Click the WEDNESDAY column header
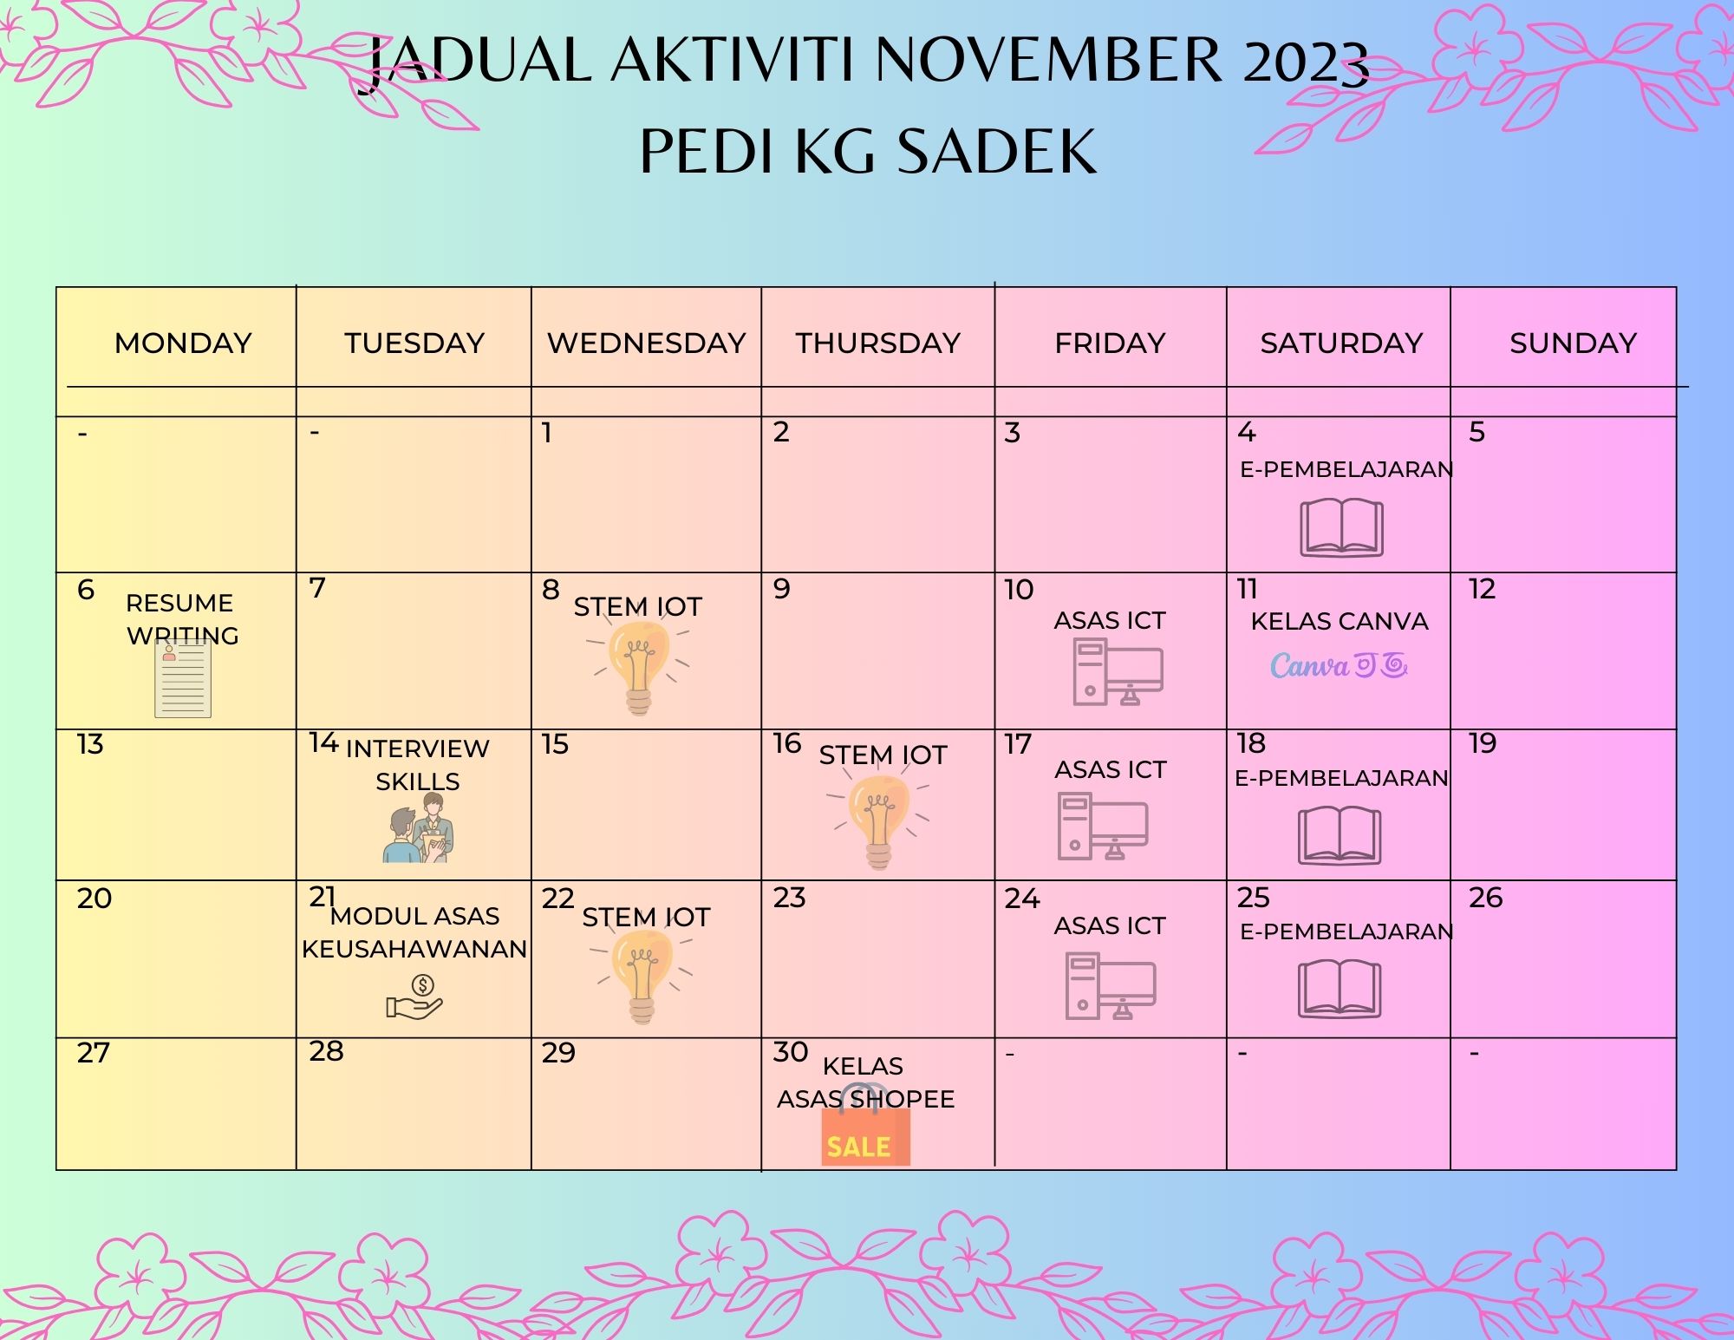click(x=646, y=343)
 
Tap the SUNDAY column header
click(x=1573, y=343)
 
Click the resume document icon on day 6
click(x=183, y=680)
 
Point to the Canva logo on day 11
click(x=1339, y=666)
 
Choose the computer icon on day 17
click(x=1103, y=827)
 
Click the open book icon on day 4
click(x=1341, y=528)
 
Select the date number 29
click(x=558, y=1053)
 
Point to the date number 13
click(x=90, y=744)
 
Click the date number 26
click(x=1485, y=898)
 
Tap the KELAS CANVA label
click(x=1340, y=621)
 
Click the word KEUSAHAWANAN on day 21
click(x=414, y=949)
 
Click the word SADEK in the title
click(x=996, y=151)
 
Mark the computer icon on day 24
click(x=1110, y=985)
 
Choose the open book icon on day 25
click(x=1340, y=990)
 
